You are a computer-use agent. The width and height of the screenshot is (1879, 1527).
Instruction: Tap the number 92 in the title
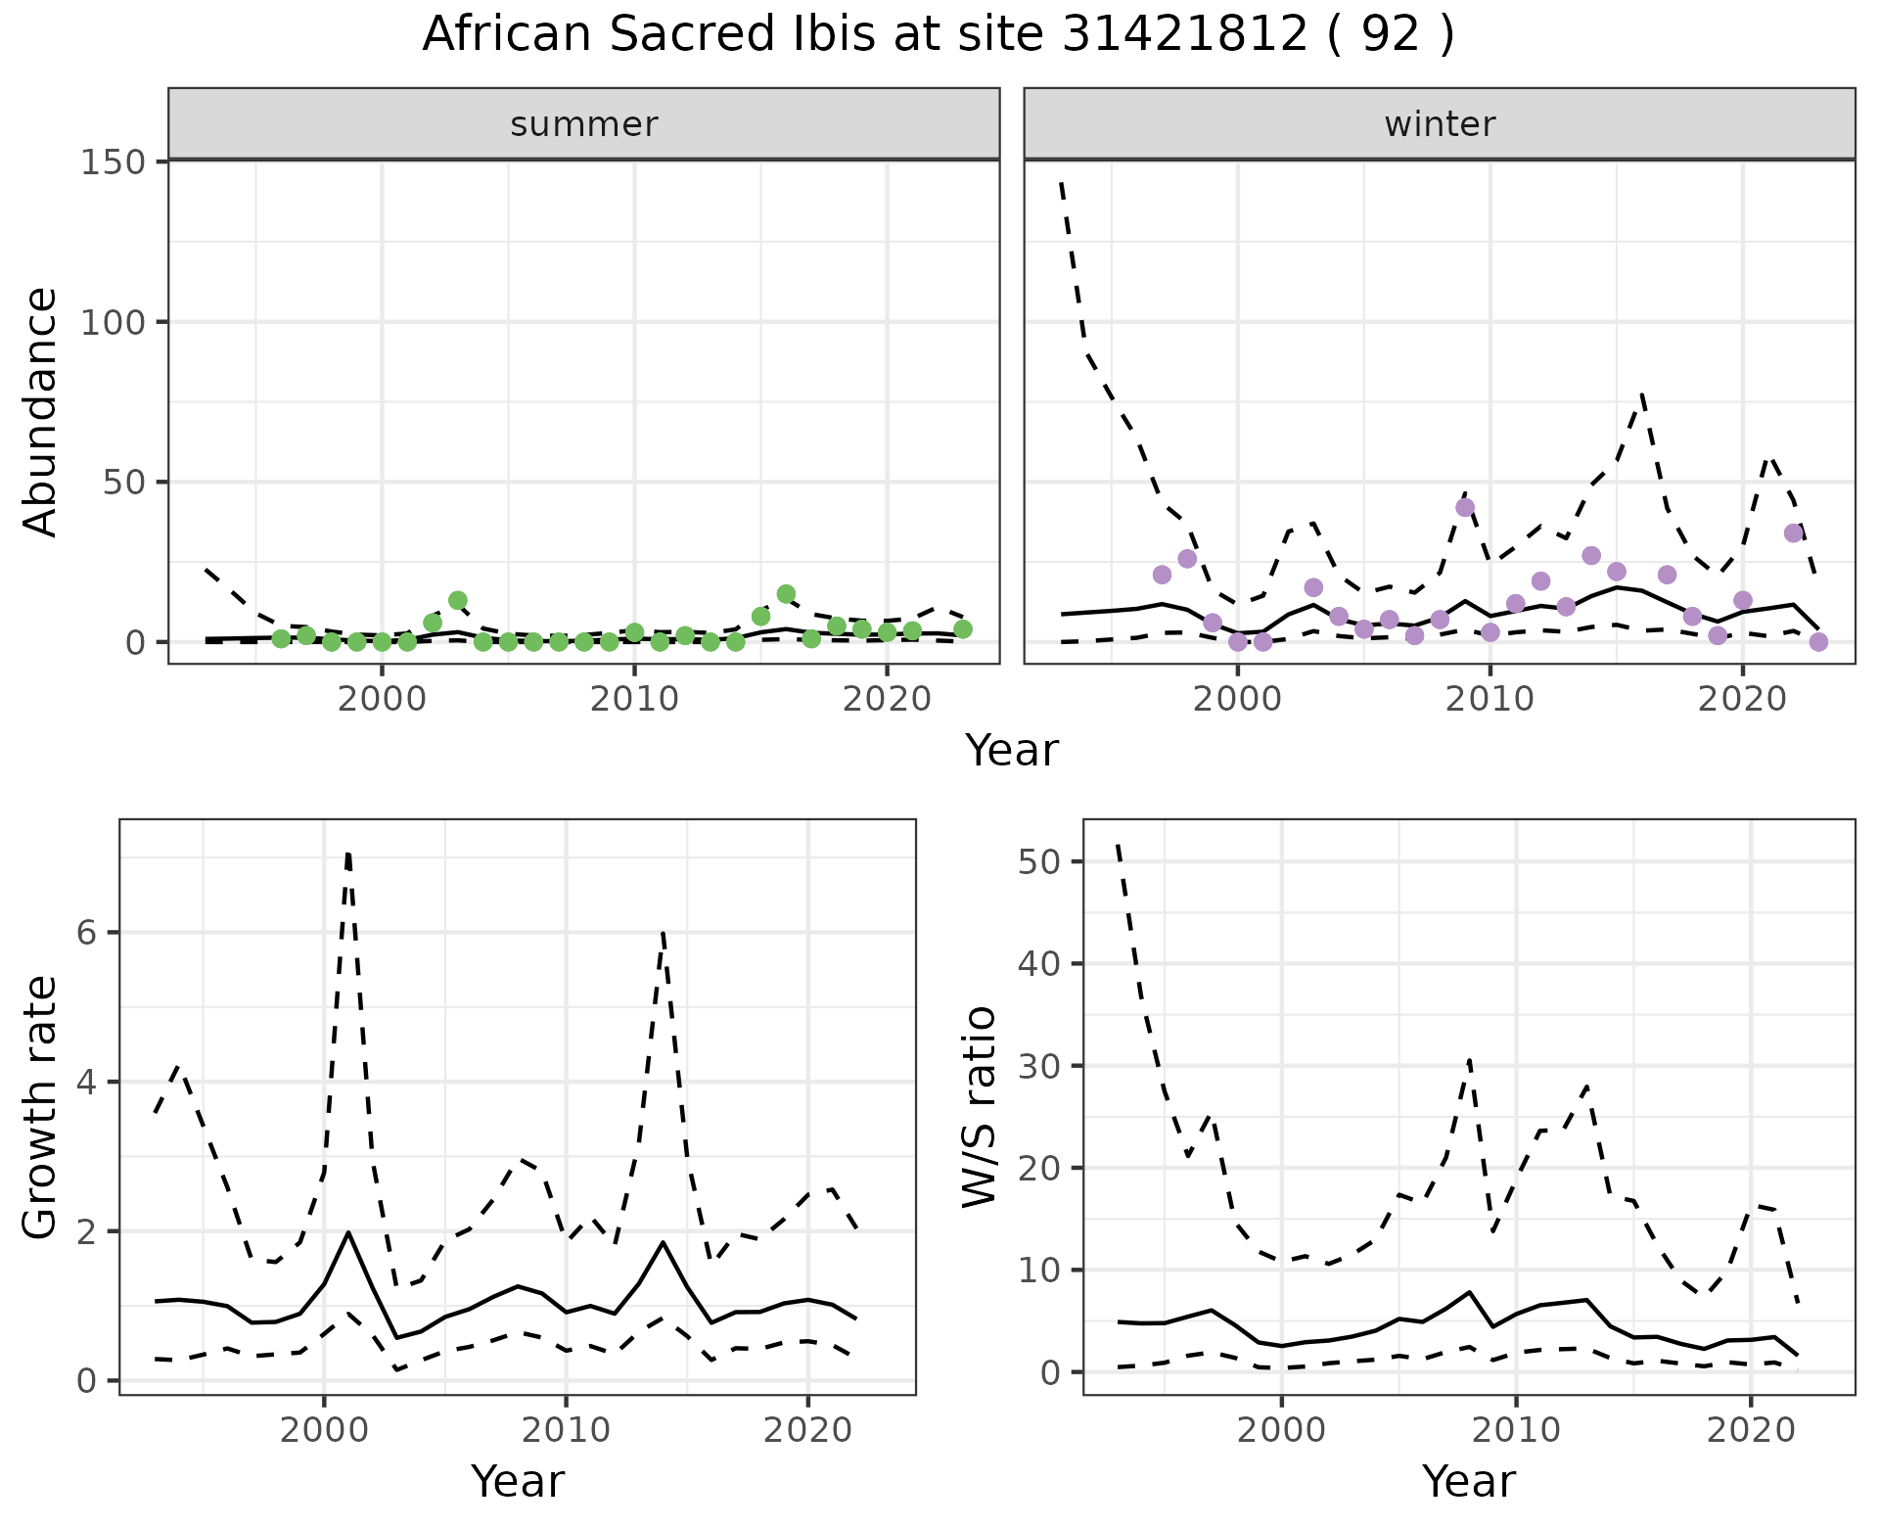point(1391,35)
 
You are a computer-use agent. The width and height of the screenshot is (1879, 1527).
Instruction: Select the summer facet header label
point(584,124)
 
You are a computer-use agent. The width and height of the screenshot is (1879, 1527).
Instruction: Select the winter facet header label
point(1440,124)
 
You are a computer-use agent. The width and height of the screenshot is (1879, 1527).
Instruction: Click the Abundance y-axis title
point(40,411)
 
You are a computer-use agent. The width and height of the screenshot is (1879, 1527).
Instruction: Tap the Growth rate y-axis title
point(40,1108)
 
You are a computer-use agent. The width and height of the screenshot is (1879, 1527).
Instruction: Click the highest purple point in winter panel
point(1465,507)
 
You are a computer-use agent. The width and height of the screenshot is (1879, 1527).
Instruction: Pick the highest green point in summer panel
point(786,594)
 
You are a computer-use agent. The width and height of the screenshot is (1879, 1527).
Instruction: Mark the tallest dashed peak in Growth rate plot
point(348,855)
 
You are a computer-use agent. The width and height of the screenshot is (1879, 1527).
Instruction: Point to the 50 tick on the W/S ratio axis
point(1042,861)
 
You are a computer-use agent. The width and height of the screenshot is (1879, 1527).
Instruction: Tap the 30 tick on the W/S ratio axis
point(1042,1066)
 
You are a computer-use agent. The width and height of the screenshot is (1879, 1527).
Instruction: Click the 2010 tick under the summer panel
point(634,699)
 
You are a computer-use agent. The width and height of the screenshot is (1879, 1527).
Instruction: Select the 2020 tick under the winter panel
point(1742,699)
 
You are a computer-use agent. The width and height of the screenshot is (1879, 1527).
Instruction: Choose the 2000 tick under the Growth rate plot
point(324,1430)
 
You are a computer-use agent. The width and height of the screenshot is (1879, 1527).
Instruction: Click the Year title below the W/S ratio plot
point(1468,1481)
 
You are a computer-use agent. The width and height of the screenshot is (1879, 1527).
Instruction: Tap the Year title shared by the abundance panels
point(1012,751)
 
